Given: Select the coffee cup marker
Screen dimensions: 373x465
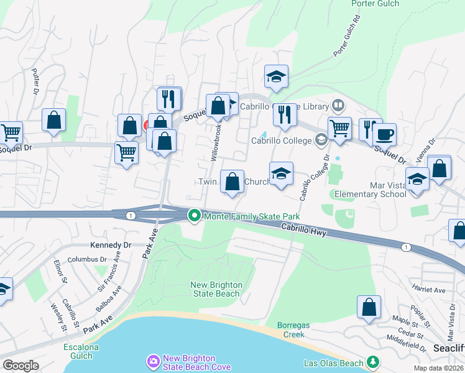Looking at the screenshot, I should pos(385,133).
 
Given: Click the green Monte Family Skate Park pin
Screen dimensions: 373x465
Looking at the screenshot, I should pos(195,216).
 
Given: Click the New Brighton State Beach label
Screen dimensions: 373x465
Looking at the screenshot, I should pos(216,289).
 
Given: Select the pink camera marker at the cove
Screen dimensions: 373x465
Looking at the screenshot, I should pos(153,361).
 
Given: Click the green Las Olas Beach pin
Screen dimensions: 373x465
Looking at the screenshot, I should pos(373,361).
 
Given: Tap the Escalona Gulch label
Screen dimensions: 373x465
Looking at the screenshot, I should pos(78,351).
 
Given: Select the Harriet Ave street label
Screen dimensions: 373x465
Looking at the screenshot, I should pos(429,290).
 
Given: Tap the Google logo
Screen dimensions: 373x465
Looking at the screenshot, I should pos(21,365).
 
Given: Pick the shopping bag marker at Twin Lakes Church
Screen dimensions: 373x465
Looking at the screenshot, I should pos(232,182).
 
